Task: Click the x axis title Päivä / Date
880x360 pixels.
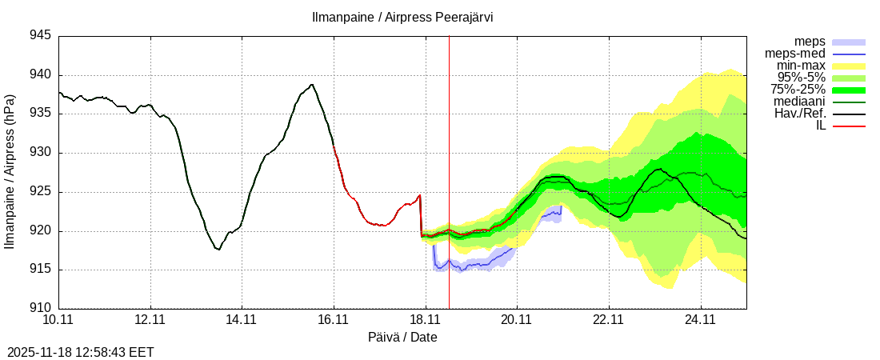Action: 402,338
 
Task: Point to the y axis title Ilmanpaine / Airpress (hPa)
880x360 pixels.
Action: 10,171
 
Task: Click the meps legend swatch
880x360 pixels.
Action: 849,42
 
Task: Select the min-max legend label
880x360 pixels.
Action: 801,66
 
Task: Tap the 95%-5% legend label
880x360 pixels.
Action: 802,78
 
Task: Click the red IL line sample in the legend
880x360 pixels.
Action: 849,126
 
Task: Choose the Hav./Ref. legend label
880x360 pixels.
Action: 800,114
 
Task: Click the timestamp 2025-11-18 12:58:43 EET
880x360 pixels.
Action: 81,352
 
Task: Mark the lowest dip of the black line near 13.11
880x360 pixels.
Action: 218,250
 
